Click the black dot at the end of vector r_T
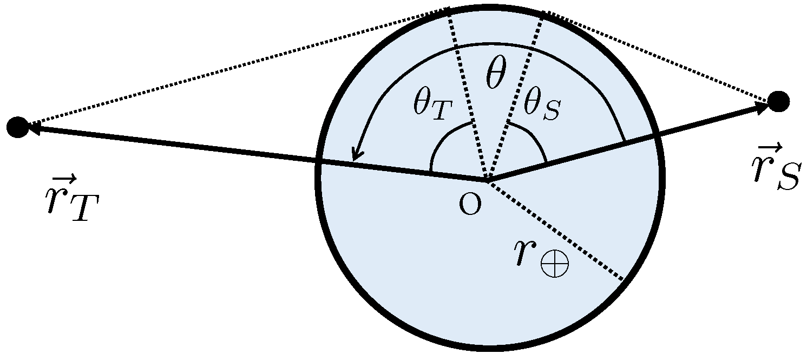click(17, 127)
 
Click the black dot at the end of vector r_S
click(778, 101)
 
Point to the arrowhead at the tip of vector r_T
click(34, 128)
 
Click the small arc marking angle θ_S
click(533, 138)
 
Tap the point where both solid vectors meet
click(488, 180)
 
